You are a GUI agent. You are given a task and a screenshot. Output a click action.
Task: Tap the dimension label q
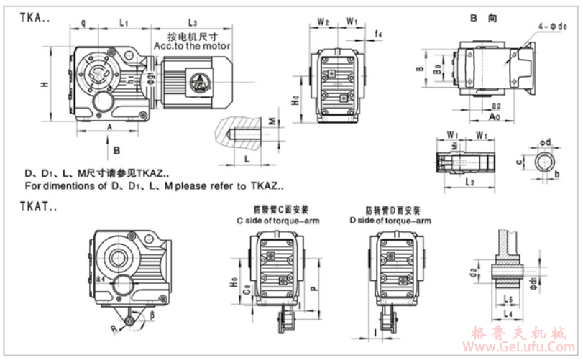83,22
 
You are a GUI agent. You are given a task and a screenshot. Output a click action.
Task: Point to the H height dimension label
45,85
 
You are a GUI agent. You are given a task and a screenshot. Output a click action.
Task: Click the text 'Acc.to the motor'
192,46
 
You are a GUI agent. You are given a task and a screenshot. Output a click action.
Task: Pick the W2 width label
323,22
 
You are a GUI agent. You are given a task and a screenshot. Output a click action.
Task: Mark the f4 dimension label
378,34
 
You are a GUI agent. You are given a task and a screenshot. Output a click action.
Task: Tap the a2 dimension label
495,106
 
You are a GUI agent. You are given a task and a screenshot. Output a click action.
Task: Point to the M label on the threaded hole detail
271,121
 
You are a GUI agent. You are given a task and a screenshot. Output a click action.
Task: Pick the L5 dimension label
508,297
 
